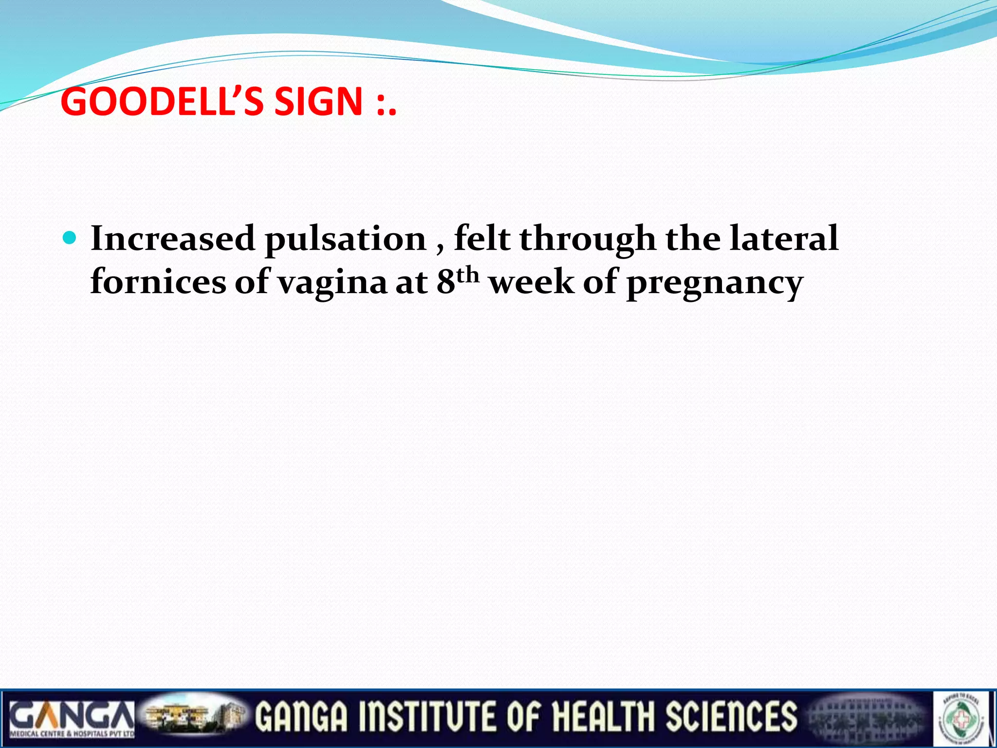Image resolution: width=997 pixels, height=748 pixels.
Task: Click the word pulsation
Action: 346,240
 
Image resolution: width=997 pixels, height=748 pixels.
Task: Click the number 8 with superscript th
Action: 455,281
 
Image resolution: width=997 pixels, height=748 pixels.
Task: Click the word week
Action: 532,282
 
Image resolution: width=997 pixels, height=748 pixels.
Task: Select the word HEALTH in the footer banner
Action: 603,717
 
